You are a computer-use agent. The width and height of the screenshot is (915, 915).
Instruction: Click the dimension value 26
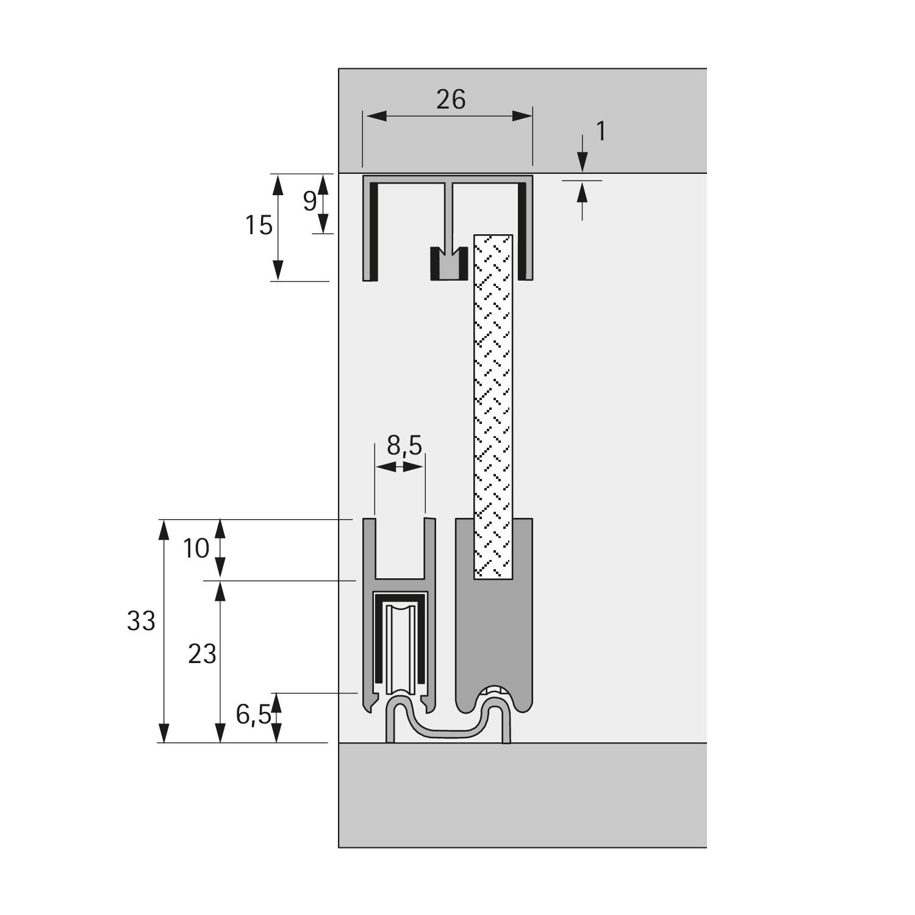[451, 99]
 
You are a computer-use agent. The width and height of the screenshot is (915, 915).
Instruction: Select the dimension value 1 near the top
[601, 132]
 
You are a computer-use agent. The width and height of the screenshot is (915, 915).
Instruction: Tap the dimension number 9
[310, 201]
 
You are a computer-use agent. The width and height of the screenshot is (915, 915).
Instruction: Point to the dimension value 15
[259, 226]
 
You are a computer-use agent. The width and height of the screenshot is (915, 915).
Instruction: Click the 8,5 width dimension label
[404, 447]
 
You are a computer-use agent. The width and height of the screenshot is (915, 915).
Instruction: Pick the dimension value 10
[196, 549]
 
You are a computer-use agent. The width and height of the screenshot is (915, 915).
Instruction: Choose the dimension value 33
[141, 622]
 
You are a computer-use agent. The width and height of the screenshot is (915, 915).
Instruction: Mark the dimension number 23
[202, 655]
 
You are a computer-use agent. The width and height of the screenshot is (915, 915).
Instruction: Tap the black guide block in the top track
[448, 264]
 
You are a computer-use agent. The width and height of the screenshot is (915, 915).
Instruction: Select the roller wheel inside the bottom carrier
[401, 650]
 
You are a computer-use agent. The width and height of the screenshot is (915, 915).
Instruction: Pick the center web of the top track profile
[450, 213]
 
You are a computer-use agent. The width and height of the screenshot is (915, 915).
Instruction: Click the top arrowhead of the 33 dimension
[163, 531]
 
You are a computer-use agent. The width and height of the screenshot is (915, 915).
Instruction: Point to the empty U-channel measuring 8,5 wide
[400, 549]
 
